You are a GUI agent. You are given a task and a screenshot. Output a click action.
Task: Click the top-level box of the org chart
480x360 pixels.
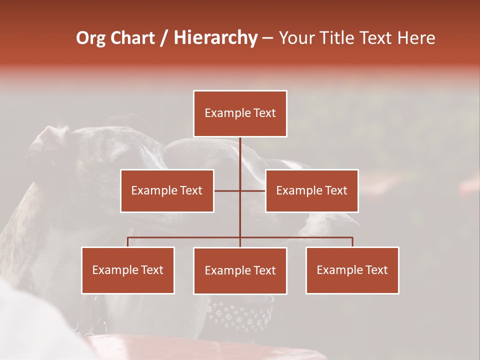240,113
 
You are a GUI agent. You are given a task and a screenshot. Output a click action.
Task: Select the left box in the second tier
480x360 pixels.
167,190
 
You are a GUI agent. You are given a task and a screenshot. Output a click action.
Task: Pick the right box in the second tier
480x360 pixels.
311,190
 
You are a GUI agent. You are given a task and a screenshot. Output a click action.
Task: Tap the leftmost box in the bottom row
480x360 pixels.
128,270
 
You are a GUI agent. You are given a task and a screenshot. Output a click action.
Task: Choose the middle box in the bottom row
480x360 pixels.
240,270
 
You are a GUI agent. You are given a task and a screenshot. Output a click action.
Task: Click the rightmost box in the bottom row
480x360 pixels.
352,270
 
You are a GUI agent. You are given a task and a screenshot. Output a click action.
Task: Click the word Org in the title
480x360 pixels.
90,38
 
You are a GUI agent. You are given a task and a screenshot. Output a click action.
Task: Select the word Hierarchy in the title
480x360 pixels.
215,38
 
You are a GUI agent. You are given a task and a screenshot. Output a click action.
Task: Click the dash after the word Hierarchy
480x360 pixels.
267,38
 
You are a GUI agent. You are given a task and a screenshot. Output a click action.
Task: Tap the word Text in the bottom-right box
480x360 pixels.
376,270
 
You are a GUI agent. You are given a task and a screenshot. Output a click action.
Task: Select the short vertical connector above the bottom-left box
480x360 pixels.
128,242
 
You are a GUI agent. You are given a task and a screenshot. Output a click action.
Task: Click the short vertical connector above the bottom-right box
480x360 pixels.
352,242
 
